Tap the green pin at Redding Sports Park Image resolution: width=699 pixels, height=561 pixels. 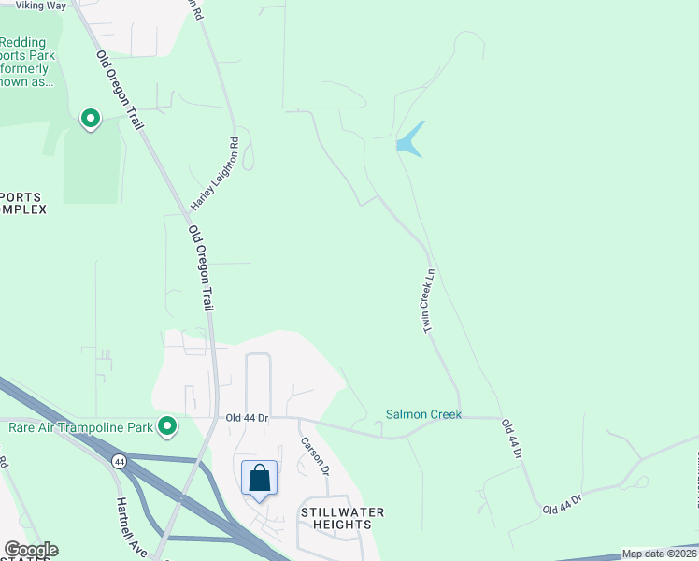91,119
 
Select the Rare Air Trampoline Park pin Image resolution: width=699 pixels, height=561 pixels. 167,427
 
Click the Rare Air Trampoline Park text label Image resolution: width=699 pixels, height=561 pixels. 80,428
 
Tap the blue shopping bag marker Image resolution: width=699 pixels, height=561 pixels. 260,479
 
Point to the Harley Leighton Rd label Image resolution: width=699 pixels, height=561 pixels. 215,173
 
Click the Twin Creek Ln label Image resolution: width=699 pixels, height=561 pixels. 430,301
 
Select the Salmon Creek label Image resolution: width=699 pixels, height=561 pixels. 424,414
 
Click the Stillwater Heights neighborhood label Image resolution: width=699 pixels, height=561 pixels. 342,518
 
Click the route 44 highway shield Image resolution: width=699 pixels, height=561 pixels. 120,461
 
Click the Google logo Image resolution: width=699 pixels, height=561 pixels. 31,550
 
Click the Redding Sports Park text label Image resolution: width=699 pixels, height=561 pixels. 28,62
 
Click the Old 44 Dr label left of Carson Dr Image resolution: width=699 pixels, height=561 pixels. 247,418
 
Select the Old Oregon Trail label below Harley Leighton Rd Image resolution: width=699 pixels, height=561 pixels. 201,267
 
